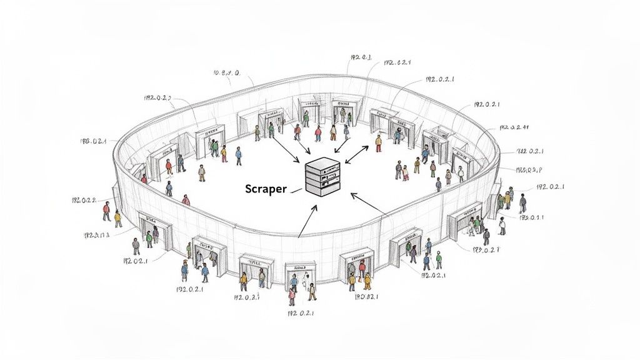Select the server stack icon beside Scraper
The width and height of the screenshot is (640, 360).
coord(322,177)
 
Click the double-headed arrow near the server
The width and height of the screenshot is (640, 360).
coord(357,154)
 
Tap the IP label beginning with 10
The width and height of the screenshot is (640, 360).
coord(226,73)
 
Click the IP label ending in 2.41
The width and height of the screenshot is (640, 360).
coord(514,127)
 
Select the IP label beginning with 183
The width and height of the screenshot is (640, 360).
coord(94,141)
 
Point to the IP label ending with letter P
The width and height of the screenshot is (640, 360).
coord(529,169)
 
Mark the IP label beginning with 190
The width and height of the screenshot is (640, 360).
coord(367,297)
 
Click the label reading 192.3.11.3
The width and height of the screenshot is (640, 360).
coord(96,236)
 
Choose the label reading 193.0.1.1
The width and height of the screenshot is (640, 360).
coord(531,217)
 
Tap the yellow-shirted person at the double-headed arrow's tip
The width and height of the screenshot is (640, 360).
coord(378,143)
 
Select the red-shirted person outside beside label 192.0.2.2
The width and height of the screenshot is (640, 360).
coord(106,211)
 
